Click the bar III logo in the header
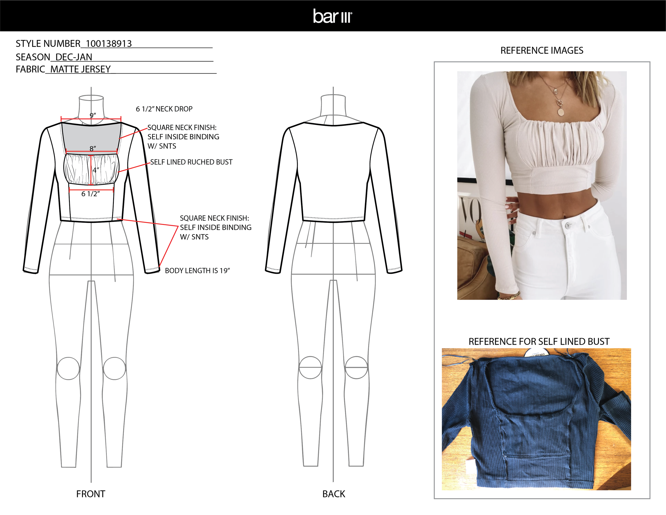pos(332,16)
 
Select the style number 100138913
pos(109,44)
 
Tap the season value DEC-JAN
pos(74,57)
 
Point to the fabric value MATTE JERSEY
pos(80,70)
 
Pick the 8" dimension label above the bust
pos(92,148)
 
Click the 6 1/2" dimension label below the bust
pos(91,194)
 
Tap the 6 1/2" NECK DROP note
pos(164,109)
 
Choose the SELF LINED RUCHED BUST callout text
pos(191,162)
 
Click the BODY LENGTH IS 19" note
pos(197,271)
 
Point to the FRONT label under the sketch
pos(91,494)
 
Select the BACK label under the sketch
pos(334,494)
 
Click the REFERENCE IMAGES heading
pos(542,51)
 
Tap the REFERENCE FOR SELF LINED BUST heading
pos(539,342)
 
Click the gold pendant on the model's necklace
pos(561,112)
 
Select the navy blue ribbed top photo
pos(536,420)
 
